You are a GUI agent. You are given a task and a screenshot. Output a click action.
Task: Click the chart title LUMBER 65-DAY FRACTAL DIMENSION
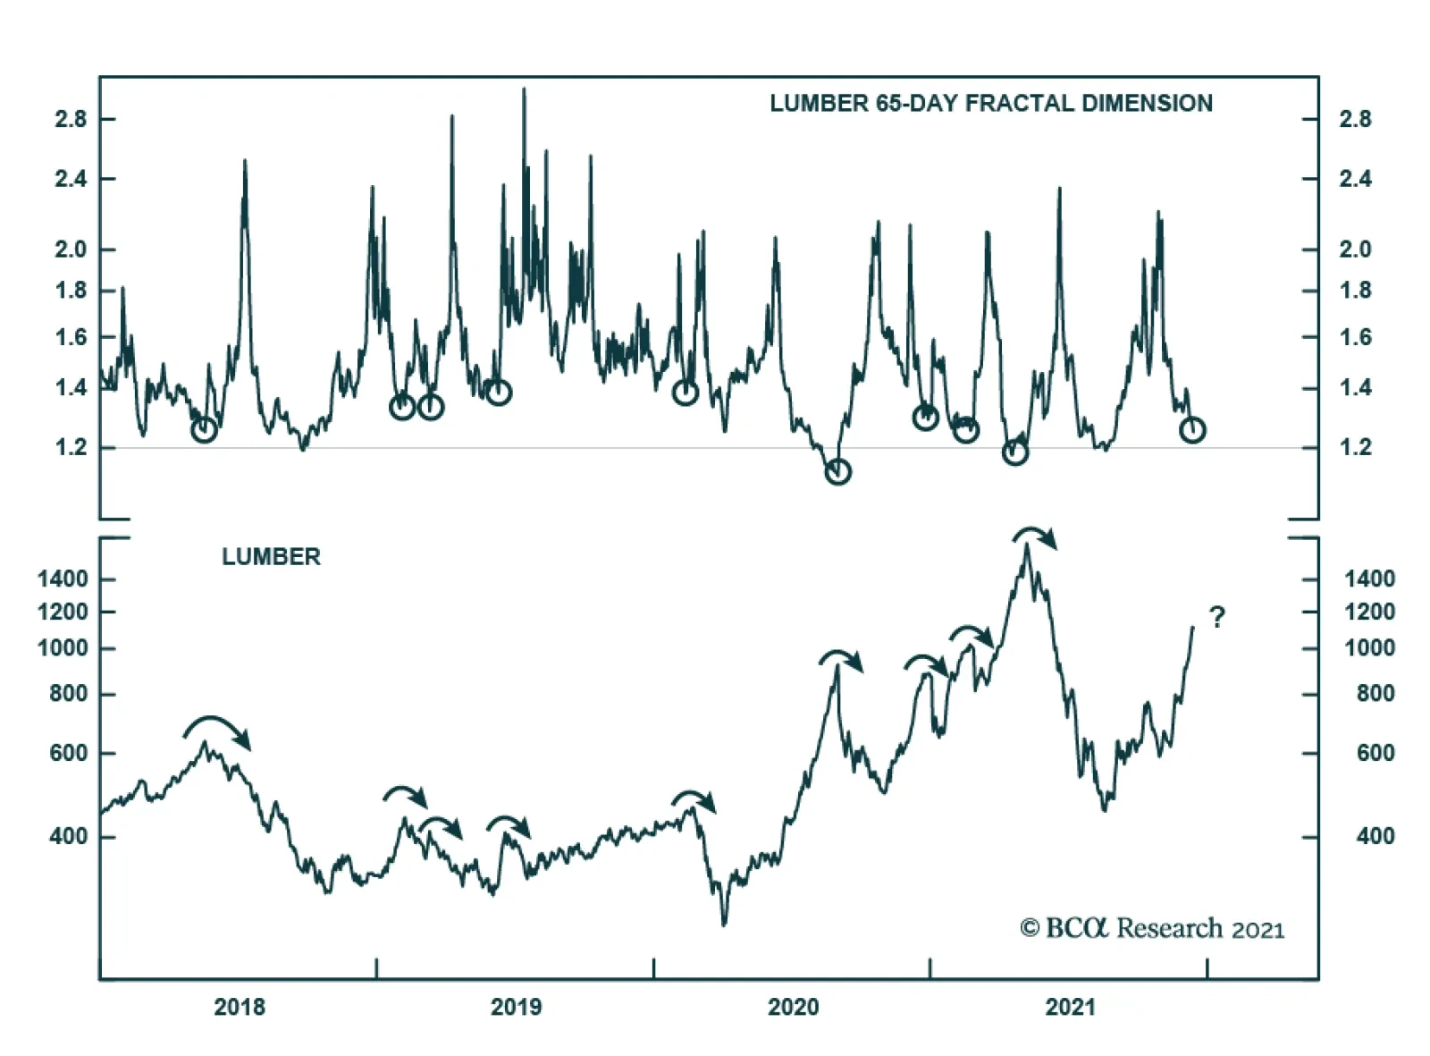[990, 104]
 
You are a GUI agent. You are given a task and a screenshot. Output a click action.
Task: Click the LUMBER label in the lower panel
[271, 557]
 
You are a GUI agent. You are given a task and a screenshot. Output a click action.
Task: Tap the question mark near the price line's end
[1216, 617]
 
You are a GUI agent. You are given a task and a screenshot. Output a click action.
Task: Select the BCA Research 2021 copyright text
[1152, 928]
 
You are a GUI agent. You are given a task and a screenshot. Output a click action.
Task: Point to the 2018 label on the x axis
[240, 1007]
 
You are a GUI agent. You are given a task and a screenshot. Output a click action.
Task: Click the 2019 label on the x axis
[516, 1007]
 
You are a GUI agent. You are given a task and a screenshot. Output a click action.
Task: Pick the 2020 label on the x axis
[793, 1007]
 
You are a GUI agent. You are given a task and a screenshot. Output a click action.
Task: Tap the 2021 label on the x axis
[1070, 1007]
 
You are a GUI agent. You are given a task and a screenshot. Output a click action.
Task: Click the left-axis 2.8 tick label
[71, 120]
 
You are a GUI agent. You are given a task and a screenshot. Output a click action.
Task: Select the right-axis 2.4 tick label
[1355, 179]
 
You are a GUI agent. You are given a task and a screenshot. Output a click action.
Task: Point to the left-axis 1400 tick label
[63, 579]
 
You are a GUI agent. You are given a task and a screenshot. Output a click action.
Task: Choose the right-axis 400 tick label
[1375, 836]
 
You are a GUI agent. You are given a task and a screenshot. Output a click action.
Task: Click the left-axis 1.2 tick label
[71, 447]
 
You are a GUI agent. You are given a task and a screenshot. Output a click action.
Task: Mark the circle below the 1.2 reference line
[837, 471]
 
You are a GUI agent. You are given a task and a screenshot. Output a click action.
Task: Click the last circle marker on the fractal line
[1192, 430]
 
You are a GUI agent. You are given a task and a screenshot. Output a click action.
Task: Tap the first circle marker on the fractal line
[205, 430]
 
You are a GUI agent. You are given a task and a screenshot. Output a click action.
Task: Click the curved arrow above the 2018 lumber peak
[216, 730]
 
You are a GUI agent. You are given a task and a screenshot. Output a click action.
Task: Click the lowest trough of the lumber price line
[724, 923]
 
